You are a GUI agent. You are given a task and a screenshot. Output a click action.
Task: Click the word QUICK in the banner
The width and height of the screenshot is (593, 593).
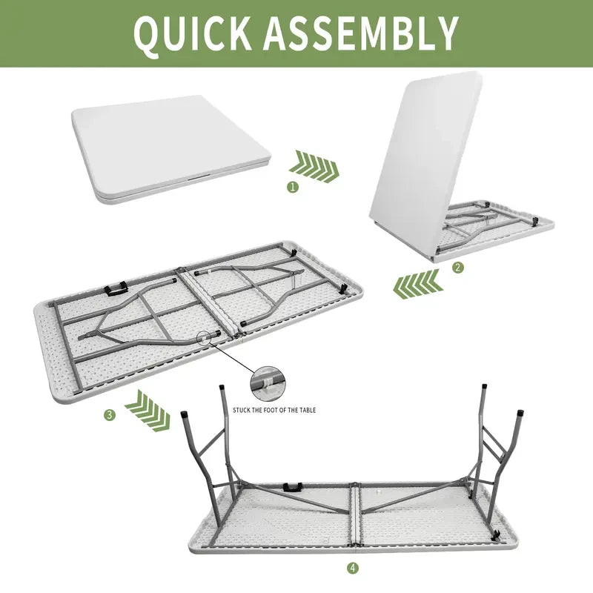click(193, 33)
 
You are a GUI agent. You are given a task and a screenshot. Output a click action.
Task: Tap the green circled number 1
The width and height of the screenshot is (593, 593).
click(293, 187)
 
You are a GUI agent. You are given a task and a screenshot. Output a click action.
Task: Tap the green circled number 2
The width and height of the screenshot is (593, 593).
click(458, 268)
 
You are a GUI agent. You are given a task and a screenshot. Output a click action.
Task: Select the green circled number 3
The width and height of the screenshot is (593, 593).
click(110, 415)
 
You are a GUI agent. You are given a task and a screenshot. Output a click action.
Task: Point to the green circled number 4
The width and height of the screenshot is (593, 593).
click(353, 567)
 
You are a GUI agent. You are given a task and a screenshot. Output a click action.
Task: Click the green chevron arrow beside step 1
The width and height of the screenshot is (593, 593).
click(314, 166)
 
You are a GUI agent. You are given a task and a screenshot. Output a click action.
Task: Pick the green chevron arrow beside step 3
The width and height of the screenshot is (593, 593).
click(148, 411)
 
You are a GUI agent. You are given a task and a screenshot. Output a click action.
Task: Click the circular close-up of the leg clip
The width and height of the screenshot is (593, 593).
click(268, 384)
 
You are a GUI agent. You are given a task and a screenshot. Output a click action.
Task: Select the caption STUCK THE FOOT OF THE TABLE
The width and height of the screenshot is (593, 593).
click(274, 410)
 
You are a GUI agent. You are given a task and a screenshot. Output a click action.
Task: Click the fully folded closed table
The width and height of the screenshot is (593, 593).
click(171, 149)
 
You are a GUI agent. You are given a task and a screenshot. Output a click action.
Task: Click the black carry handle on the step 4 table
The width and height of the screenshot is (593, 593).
click(292, 487)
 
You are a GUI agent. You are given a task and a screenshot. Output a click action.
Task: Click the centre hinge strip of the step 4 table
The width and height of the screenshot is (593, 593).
click(356, 515)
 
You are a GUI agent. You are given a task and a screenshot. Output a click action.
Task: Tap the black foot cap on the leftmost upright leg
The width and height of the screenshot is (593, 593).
click(185, 414)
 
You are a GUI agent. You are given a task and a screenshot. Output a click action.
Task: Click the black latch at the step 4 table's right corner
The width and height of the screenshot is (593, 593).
click(495, 534)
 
